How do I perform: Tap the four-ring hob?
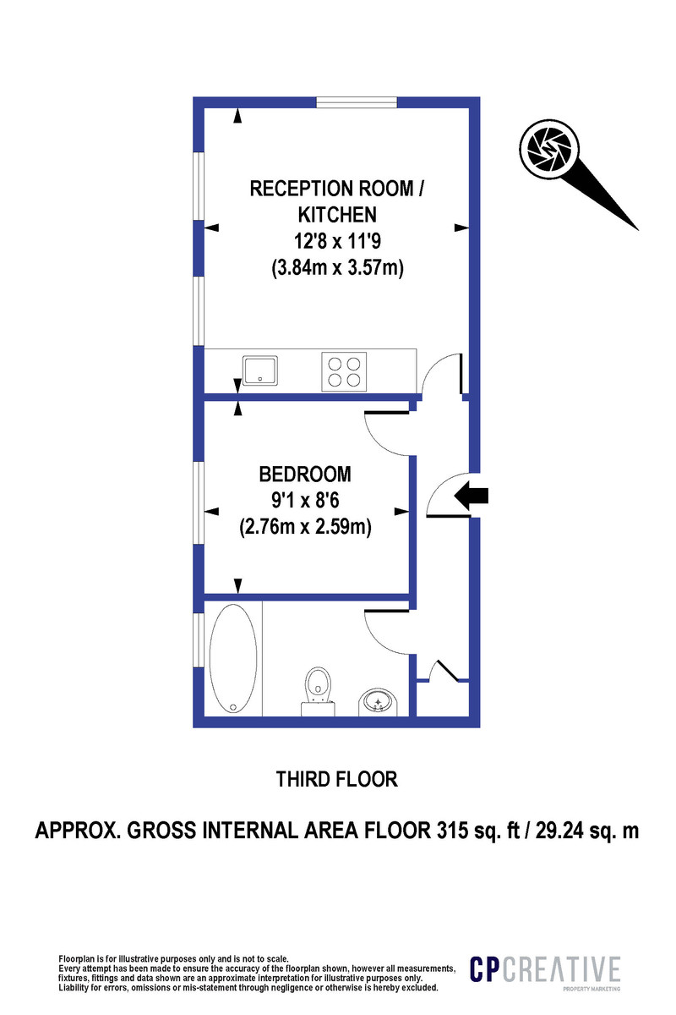coord(345,370)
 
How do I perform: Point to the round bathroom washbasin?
coord(377,700)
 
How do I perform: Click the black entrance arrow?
coord(472,497)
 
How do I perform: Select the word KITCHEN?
coord(335,214)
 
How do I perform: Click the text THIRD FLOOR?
coord(337,778)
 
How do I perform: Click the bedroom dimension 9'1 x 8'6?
coord(305,500)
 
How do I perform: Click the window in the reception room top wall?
coord(357,103)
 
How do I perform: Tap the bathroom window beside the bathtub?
coord(199,639)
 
